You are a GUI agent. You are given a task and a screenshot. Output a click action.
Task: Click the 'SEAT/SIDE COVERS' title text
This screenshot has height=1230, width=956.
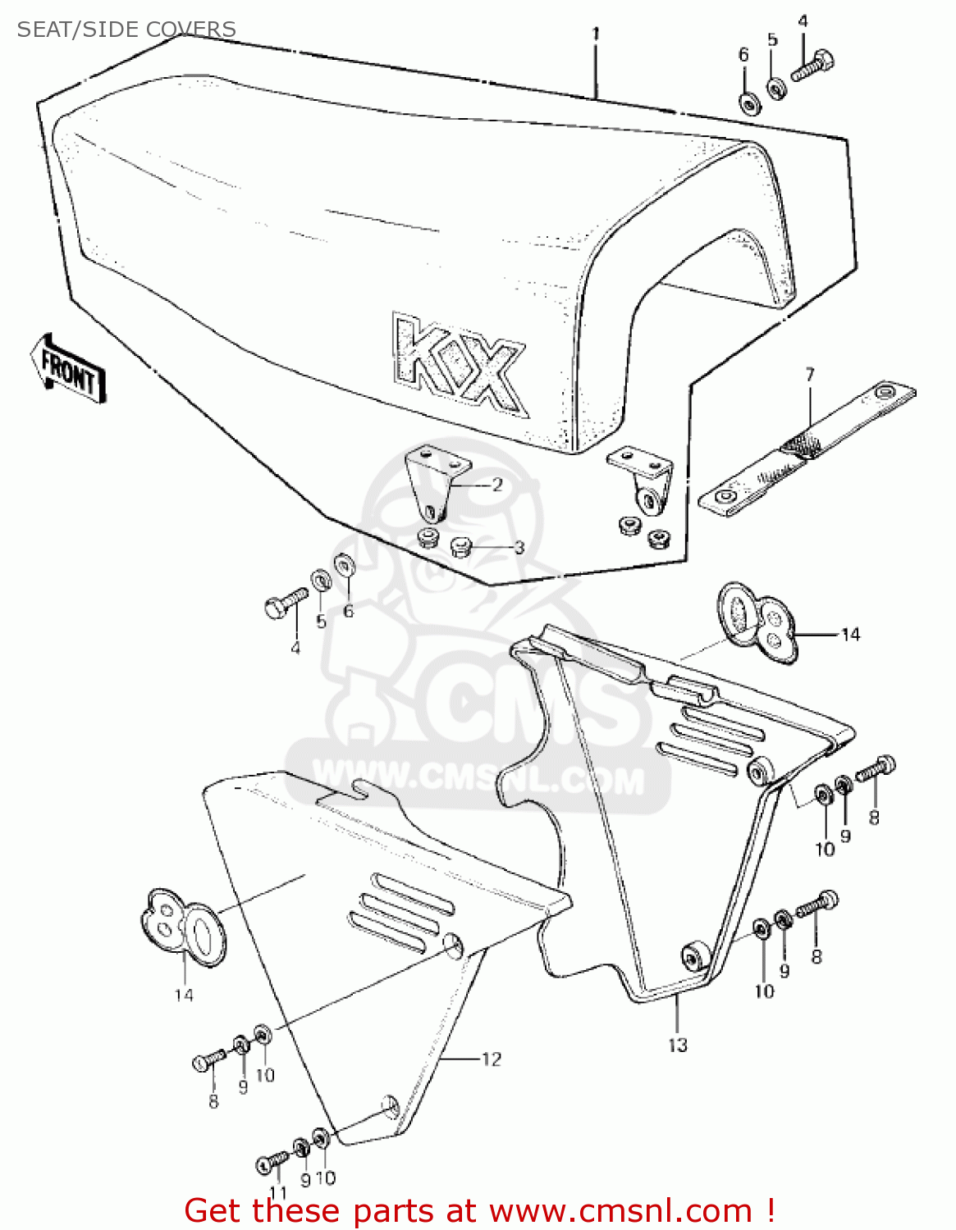[x=126, y=30]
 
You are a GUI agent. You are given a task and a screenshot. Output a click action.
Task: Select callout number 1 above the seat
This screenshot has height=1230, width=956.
[x=596, y=34]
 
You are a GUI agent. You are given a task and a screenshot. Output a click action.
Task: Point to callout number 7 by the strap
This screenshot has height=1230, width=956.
[x=810, y=375]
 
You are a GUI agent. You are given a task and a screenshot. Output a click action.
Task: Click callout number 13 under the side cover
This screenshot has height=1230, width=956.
[x=677, y=1045]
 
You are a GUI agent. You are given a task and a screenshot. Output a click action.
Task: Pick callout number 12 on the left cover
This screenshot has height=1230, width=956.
[x=491, y=1059]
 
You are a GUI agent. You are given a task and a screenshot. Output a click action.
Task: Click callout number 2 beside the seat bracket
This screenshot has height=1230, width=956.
[x=497, y=485]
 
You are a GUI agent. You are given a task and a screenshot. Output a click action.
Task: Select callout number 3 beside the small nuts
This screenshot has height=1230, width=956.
[x=519, y=547]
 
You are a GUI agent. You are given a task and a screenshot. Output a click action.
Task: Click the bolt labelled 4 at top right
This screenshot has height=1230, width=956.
[x=812, y=66]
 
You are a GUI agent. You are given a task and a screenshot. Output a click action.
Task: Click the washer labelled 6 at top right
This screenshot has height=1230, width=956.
[x=748, y=103]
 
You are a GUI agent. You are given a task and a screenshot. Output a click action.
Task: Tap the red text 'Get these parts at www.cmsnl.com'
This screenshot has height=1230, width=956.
[x=479, y=1211]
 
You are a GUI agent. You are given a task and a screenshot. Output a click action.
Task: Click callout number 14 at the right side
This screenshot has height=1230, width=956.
[x=850, y=634]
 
